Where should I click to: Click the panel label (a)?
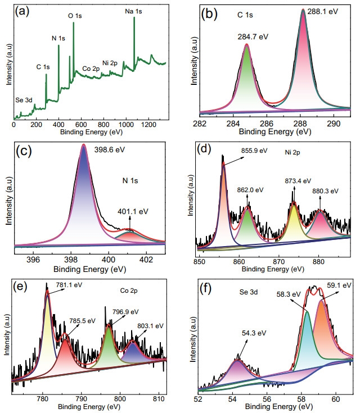[x=24, y=12]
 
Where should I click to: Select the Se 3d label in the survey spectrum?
[x=25, y=100]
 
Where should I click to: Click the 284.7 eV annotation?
[x=251, y=37]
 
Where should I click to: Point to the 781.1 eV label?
[x=69, y=285]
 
